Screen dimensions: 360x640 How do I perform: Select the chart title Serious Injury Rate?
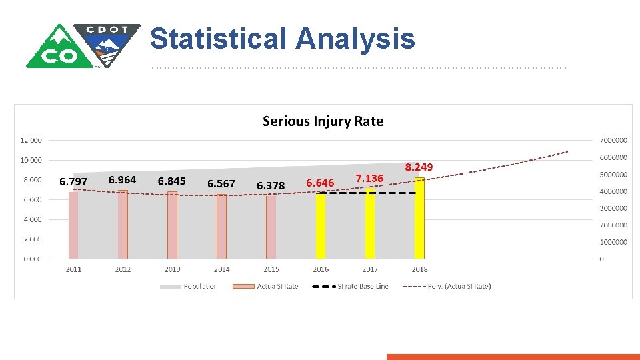(323, 121)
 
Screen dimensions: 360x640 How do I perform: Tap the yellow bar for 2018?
(419, 218)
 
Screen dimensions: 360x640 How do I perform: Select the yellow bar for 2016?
(321, 225)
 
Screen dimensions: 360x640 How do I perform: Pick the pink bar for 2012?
(123, 224)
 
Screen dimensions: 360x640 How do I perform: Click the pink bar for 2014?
(221, 227)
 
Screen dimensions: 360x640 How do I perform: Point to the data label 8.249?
(419, 167)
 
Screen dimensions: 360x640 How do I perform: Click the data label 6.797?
(73, 181)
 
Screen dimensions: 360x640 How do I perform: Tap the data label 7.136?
(369, 178)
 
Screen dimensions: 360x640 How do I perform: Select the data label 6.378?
(271, 185)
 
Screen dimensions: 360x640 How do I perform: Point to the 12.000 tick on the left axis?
(31, 140)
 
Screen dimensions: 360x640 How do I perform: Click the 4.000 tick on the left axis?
(33, 219)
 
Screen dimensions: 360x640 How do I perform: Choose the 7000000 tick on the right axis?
(613, 141)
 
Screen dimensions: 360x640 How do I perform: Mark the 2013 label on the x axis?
(172, 269)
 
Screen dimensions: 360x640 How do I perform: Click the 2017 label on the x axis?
(370, 269)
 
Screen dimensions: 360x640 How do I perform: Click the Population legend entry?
(201, 286)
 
